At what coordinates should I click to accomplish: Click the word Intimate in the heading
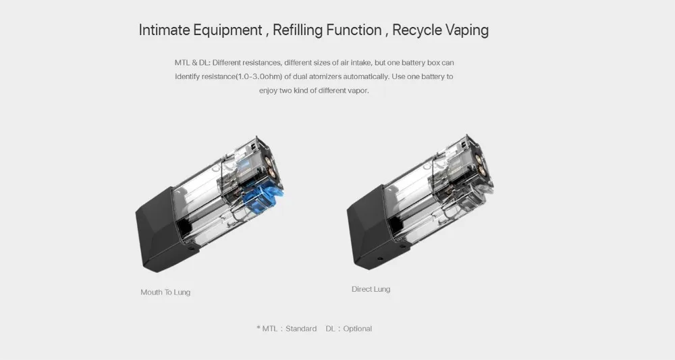tap(164, 30)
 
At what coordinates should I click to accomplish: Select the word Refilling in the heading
tap(298, 30)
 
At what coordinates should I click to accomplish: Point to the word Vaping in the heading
tap(467, 30)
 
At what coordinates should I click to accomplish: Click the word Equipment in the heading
tap(227, 30)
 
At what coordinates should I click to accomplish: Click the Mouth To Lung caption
tap(165, 292)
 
